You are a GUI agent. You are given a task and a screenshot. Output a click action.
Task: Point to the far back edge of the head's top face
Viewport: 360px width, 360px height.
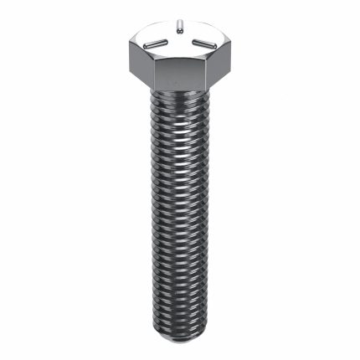(x=180, y=23)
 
